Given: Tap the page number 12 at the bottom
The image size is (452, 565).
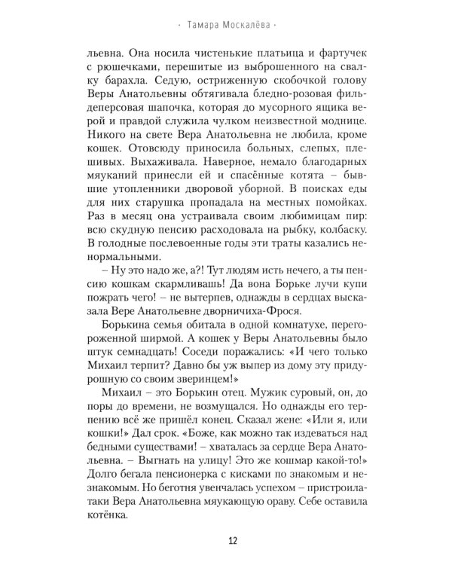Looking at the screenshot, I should point(225,539).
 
